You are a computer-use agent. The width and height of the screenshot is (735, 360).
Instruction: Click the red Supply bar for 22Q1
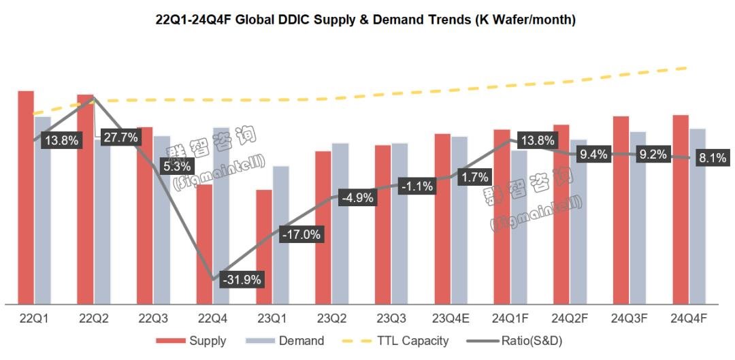26,197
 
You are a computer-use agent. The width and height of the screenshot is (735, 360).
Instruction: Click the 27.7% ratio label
120,137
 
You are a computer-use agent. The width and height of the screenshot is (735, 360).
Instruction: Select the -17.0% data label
301,234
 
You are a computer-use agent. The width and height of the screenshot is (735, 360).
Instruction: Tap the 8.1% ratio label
713,158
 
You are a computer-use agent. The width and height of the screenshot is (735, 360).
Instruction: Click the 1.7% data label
474,178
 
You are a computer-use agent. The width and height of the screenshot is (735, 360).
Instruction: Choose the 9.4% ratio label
593,154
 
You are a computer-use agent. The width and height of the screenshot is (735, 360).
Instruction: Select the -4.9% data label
357,198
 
